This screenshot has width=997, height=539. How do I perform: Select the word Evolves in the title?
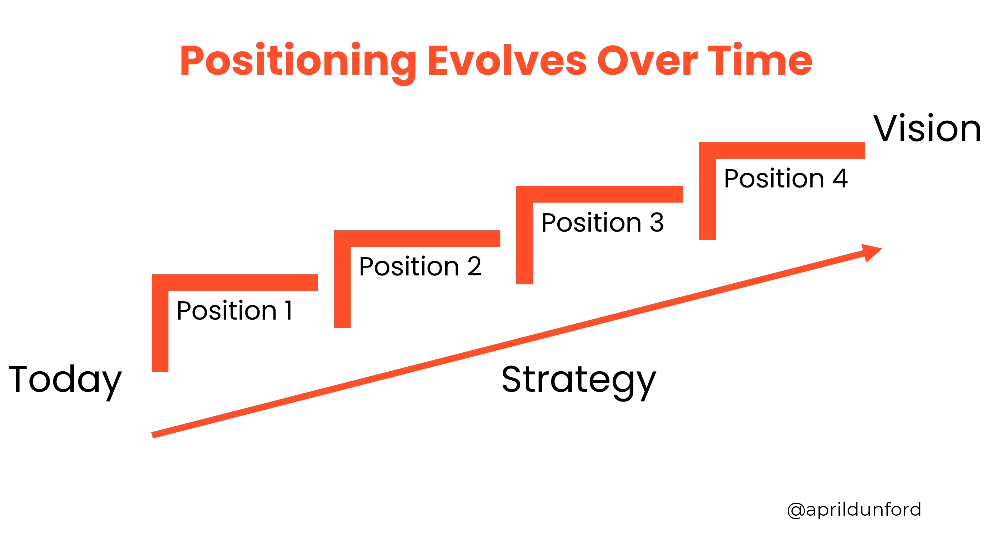(x=507, y=61)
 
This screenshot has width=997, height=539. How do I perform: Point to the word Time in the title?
(x=760, y=60)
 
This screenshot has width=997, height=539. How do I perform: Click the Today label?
(x=65, y=382)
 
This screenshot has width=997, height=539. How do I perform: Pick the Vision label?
(x=927, y=128)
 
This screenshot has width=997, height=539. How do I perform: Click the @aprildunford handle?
(x=854, y=510)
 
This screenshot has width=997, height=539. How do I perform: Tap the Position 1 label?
(x=234, y=310)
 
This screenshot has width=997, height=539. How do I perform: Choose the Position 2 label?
(x=420, y=266)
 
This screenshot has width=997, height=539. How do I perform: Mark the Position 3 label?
(x=603, y=222)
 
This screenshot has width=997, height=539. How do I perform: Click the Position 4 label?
(x=786, y=178)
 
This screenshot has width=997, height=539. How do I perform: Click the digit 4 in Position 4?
(x=840, y=178)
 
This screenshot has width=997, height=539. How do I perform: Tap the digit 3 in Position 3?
(x=657, y=222)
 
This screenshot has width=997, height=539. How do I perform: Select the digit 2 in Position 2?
(x=475, y=266)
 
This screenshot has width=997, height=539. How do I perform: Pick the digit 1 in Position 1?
(x=289, y=310)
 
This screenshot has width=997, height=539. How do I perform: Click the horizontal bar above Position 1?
(x=235, y=283)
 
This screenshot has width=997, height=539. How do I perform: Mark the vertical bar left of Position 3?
(x=525, y=235)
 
